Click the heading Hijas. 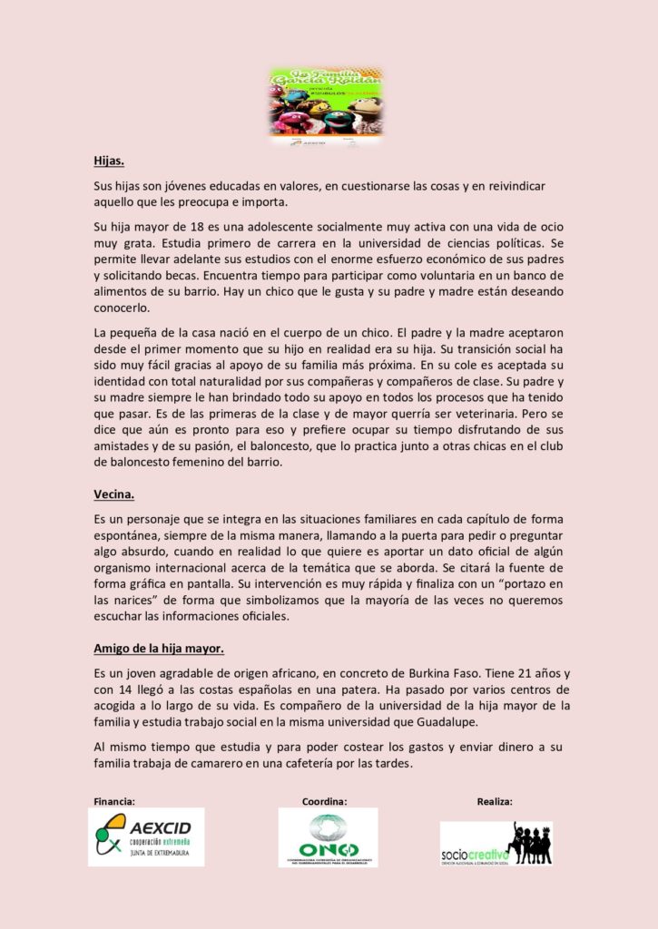coord(109,161)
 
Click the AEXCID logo coord(146,837)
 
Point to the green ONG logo coord(328,837)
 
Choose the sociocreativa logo coord(496,844)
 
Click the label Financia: coord(114,801)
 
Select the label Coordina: coord(325,801)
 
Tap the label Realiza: coord(495,801)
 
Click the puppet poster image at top coord(326,106)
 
